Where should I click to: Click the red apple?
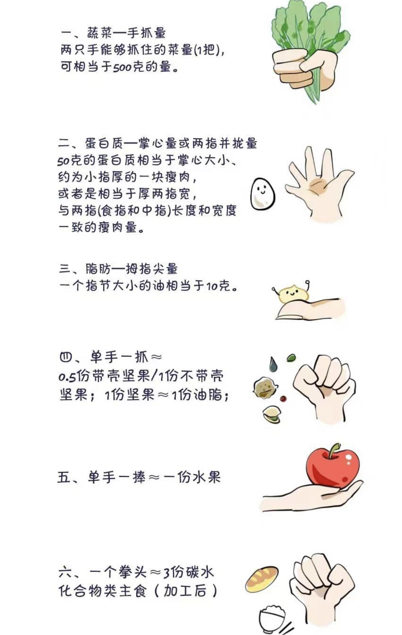click(333, 468)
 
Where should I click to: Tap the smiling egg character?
click(262, 194)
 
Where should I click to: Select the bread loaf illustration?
click(262, 579)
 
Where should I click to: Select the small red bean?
click(284, 398)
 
